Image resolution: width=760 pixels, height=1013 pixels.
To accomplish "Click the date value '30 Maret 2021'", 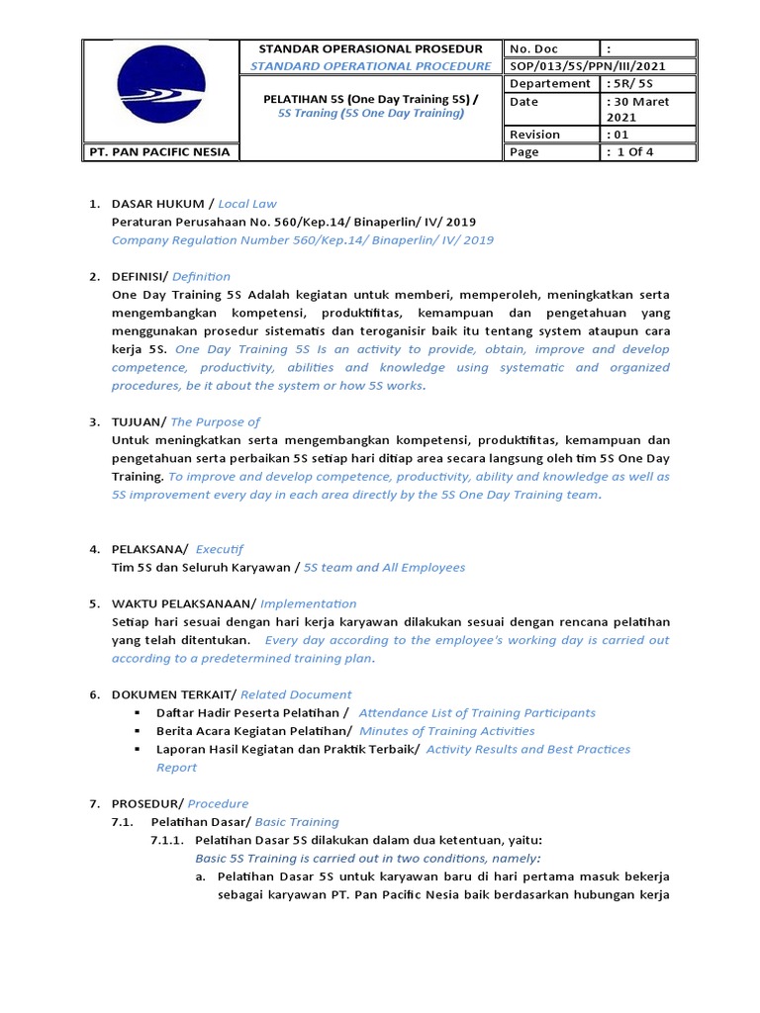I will pyautogui.click(x=638, y=109).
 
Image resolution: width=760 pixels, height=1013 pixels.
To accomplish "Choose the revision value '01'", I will pyautogui.click(x=617, y=134).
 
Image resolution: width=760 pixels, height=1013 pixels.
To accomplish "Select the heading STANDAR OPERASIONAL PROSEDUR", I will pyautogui.click(x=370, y=47).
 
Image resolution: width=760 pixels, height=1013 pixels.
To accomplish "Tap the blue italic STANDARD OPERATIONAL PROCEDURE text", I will pyautogui.click(x=370, y=65).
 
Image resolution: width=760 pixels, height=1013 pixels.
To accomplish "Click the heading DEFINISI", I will pyautogui.click(x=141, y=276).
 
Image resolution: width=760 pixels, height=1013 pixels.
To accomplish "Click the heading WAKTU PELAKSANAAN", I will pyautogui.click(x=183, y=603).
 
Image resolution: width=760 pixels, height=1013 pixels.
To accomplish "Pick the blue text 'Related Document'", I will pyautogui.click(x=296, y=694).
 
